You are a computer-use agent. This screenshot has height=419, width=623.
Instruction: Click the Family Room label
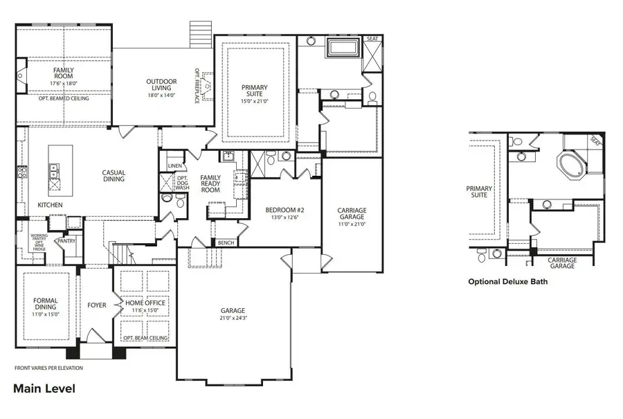pos(64,73)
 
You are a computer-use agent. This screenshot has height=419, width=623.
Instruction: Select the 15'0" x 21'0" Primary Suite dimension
pos(254,101)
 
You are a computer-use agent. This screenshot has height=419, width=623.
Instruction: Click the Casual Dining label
pos(114,176)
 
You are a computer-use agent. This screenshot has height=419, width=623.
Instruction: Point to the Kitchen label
pos(50,205)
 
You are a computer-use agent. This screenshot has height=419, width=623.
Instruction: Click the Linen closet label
pos(174,166)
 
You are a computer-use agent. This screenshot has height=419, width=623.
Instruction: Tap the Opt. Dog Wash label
pos(182,183)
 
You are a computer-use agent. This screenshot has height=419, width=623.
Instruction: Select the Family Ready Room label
pos(210,184)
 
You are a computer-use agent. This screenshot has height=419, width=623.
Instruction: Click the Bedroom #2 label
pos(285,210)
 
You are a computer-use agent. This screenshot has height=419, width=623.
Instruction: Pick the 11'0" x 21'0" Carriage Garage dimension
pos(352,224)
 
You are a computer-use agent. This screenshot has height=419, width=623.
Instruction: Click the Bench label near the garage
pos(225,243)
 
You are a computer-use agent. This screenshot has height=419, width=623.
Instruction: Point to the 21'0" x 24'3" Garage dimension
pos(233,318)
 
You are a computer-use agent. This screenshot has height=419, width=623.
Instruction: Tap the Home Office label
pos(145,303)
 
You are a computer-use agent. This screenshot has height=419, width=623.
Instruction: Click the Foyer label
pos(97,305)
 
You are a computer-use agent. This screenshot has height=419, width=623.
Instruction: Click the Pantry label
pos(66,241)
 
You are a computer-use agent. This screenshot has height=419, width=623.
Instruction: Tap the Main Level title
pos(44,389)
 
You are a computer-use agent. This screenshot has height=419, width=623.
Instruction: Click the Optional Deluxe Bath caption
pos(512,282)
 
